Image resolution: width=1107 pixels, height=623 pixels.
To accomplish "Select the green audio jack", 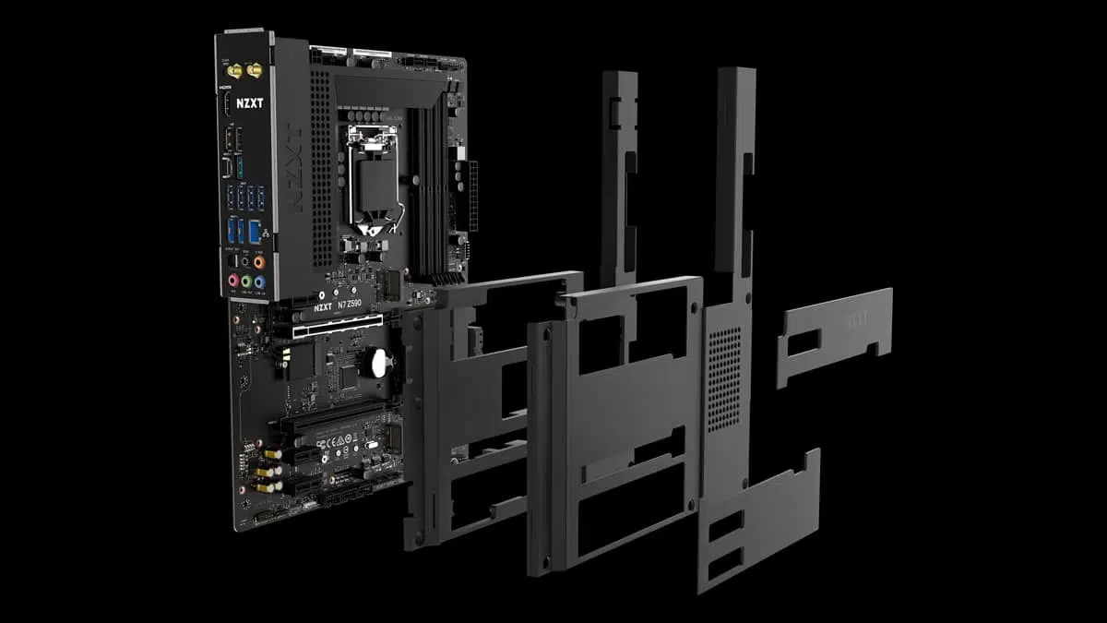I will point(246,282).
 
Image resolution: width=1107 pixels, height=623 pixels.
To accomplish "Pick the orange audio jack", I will point(258,261).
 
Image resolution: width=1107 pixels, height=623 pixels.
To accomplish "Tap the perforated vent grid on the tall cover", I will point(723,378).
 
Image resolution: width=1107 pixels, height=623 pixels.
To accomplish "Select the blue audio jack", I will point(259,282).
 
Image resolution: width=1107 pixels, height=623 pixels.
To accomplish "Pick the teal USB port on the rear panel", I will point(238,168).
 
